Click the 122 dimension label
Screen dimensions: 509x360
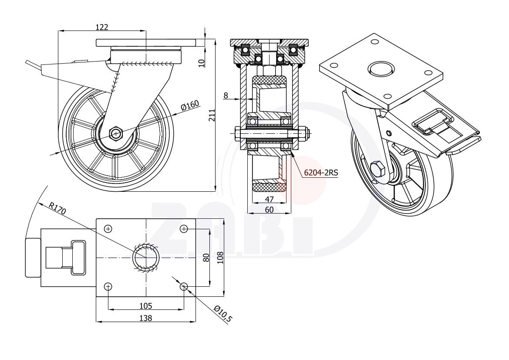[102, 27]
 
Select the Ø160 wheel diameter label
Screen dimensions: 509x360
[190, 105]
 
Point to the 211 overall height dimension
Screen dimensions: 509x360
[212, 115]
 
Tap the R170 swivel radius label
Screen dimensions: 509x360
[57, 209]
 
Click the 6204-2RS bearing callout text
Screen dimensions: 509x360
[321, 173]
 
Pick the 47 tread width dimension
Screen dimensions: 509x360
[269, 199]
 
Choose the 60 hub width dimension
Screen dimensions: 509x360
[269, 210]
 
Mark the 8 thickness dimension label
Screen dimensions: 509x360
[226, 95]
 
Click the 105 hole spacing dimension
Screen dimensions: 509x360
[146, 306]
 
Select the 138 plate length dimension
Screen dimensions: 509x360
[146, 318]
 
